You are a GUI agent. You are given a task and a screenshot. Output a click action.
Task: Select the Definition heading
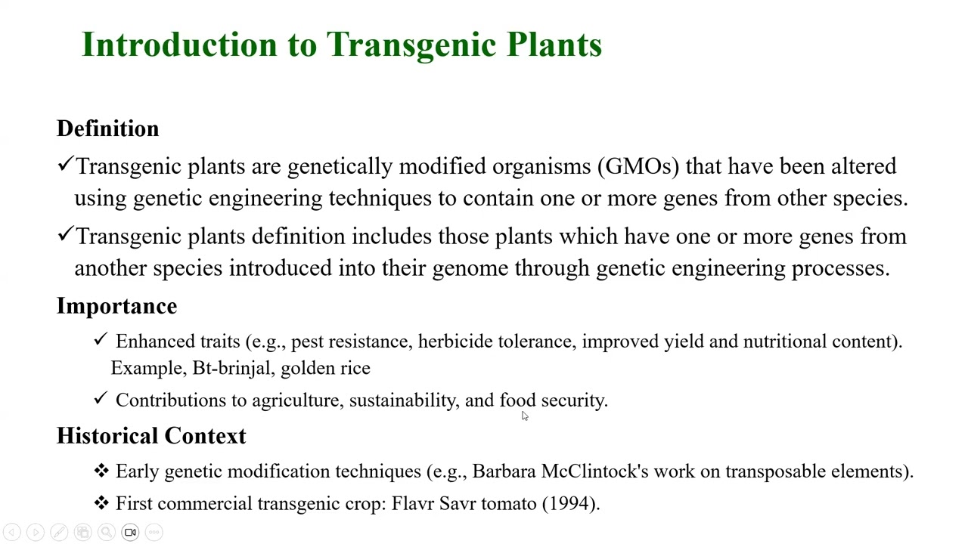pos(108,129)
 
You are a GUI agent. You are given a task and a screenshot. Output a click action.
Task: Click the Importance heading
pos(117,306)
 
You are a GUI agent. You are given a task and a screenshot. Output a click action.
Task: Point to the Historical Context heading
pos(151,436)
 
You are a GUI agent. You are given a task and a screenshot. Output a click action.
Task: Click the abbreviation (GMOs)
pos(638,166)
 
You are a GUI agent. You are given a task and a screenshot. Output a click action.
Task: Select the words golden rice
pos(325,368)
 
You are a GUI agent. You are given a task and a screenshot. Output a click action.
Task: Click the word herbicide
pos(455,342)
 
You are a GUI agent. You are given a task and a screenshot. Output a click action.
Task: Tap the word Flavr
pos(412,504)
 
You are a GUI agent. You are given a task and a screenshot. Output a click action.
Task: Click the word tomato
pos(508,504)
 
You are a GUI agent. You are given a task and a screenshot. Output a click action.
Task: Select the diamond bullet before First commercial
pos(101,502)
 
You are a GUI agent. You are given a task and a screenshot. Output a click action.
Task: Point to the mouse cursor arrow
pos(524,416)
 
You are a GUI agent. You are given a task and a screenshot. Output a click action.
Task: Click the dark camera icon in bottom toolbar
pos(130,533)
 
